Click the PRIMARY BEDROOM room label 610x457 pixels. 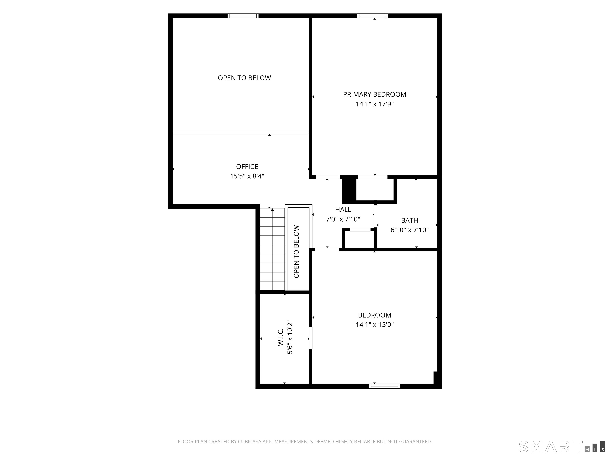(374, 94)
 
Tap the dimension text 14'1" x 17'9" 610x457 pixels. (374, 104)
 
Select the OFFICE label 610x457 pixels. (247, 167)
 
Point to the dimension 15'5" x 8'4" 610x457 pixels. (247, 176)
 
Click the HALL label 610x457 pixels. (343, 210)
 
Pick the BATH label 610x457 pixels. (409, 220)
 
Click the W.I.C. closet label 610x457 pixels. (280, 337)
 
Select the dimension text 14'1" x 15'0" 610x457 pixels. (374, 325)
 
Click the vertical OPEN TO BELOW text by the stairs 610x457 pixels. (296, 252)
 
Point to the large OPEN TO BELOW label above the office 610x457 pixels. (244, 78)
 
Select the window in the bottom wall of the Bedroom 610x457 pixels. (384, 386)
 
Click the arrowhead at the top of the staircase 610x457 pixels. (272, 210)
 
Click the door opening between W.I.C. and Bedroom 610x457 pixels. (311, 338)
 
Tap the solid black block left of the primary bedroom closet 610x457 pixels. (349, 189)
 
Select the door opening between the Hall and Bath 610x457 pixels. (375, 216)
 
